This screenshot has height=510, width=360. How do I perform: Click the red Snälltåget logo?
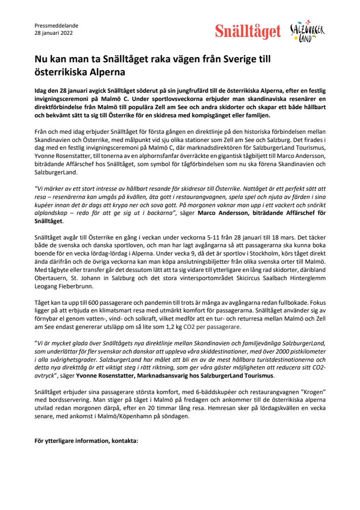tap(248, 32)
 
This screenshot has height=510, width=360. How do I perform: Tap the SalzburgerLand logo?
tap(307, 31)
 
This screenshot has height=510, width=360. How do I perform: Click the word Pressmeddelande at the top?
tap(56, 26)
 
